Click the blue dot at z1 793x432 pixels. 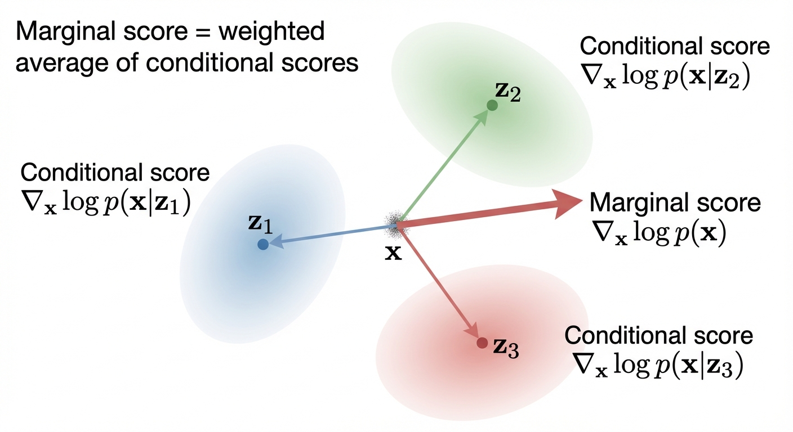click(x=262, y=244)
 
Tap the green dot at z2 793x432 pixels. click(x=492, y=105)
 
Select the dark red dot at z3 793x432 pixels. click(x=482, y=342)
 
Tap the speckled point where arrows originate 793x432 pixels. click(x=394, y=224)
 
